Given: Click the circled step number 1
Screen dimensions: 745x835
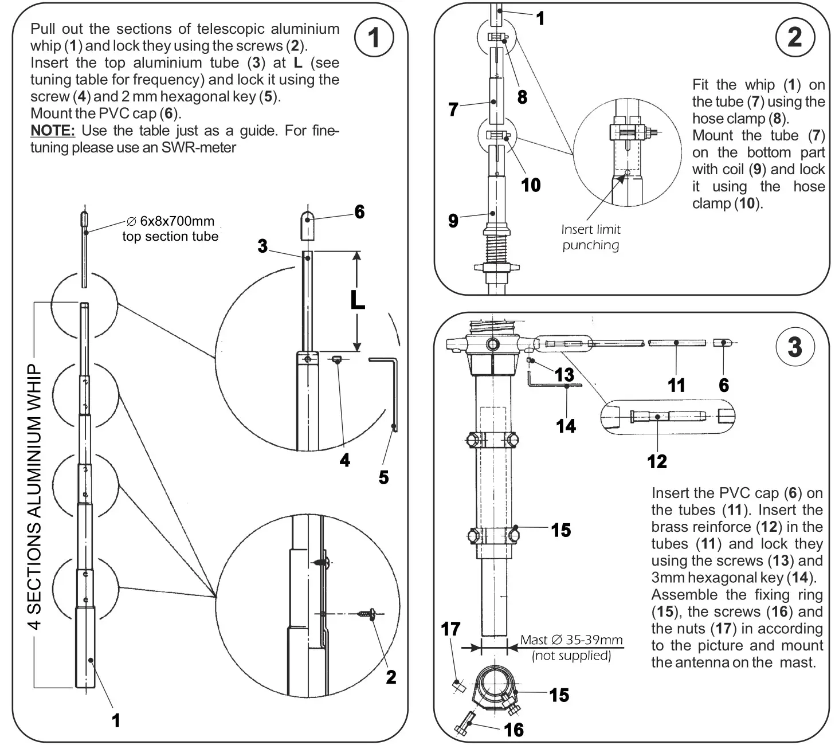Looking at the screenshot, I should [x=374, y=38].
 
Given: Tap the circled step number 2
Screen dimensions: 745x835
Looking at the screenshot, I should [x=794, y=37].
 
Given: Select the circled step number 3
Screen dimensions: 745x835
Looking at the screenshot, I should [x=794, y=347].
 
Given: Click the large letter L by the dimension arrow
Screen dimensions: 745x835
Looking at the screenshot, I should [x=358, y=300].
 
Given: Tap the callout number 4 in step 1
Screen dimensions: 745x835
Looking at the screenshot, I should [x=344, y=460].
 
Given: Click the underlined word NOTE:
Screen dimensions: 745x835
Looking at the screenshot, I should [x=52, y=131].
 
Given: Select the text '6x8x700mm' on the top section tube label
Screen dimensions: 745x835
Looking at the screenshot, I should [x=177, y=221].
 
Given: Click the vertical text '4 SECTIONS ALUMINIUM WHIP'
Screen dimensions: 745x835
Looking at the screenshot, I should [x=36, y=496].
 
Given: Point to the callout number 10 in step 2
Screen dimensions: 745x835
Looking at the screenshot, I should [x=531, y=185].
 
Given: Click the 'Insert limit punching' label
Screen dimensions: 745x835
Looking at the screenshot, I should [x=590, y=237].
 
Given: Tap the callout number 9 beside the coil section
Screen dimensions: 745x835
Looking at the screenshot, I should [x=453, y=221].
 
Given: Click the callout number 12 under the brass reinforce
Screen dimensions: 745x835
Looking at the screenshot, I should [x=657, y=461].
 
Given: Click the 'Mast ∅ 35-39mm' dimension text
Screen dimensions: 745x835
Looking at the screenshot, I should [x=571, y=640].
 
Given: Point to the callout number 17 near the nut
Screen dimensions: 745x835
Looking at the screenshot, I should [x=450, y=629].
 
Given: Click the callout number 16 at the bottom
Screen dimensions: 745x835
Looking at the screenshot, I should [x=513, y=730].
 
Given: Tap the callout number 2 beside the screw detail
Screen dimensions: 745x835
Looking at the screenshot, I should [x=391, y=677].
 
